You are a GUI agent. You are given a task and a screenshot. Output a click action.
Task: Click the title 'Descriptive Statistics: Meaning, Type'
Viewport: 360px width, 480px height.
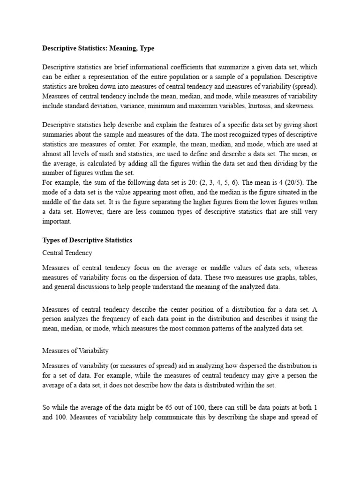click(98, 48)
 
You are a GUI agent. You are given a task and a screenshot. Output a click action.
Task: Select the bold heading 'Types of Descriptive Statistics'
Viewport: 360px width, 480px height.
click(87, 240)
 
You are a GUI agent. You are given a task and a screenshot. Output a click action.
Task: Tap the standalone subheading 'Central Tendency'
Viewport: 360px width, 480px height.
click(67, 253)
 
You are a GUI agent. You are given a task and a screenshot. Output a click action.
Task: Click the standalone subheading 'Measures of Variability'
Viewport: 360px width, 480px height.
click(75, 350)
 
